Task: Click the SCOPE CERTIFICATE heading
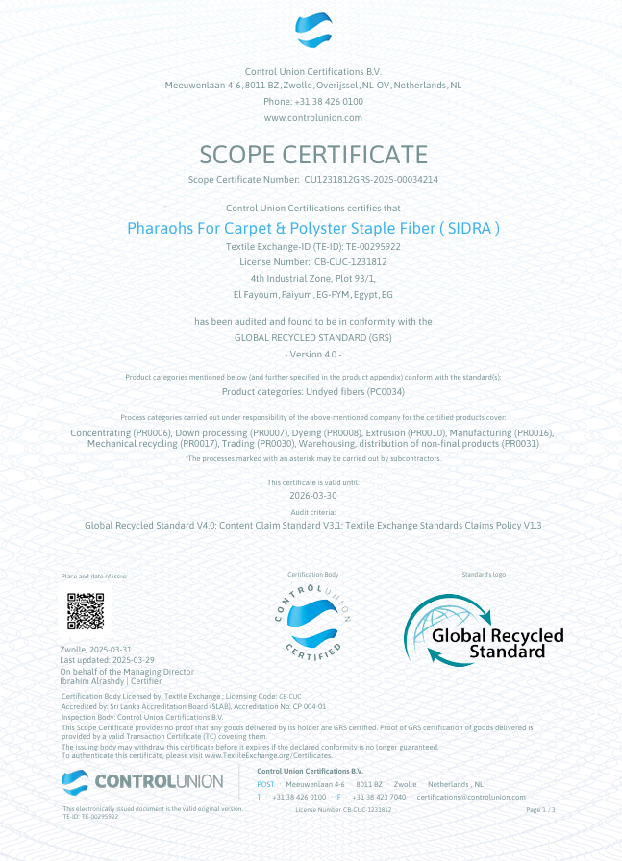(x=312, y=154)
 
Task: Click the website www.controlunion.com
(x=312, y=117)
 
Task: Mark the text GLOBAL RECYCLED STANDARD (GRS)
(x=312, y=337)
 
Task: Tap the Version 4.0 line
(x=312, y=355)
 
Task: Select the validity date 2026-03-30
(x=312, y=495)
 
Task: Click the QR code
(x=86, y=612)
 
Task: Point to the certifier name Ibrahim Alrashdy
(x=91, y=680)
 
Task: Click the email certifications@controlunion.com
(x=471, y=797)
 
